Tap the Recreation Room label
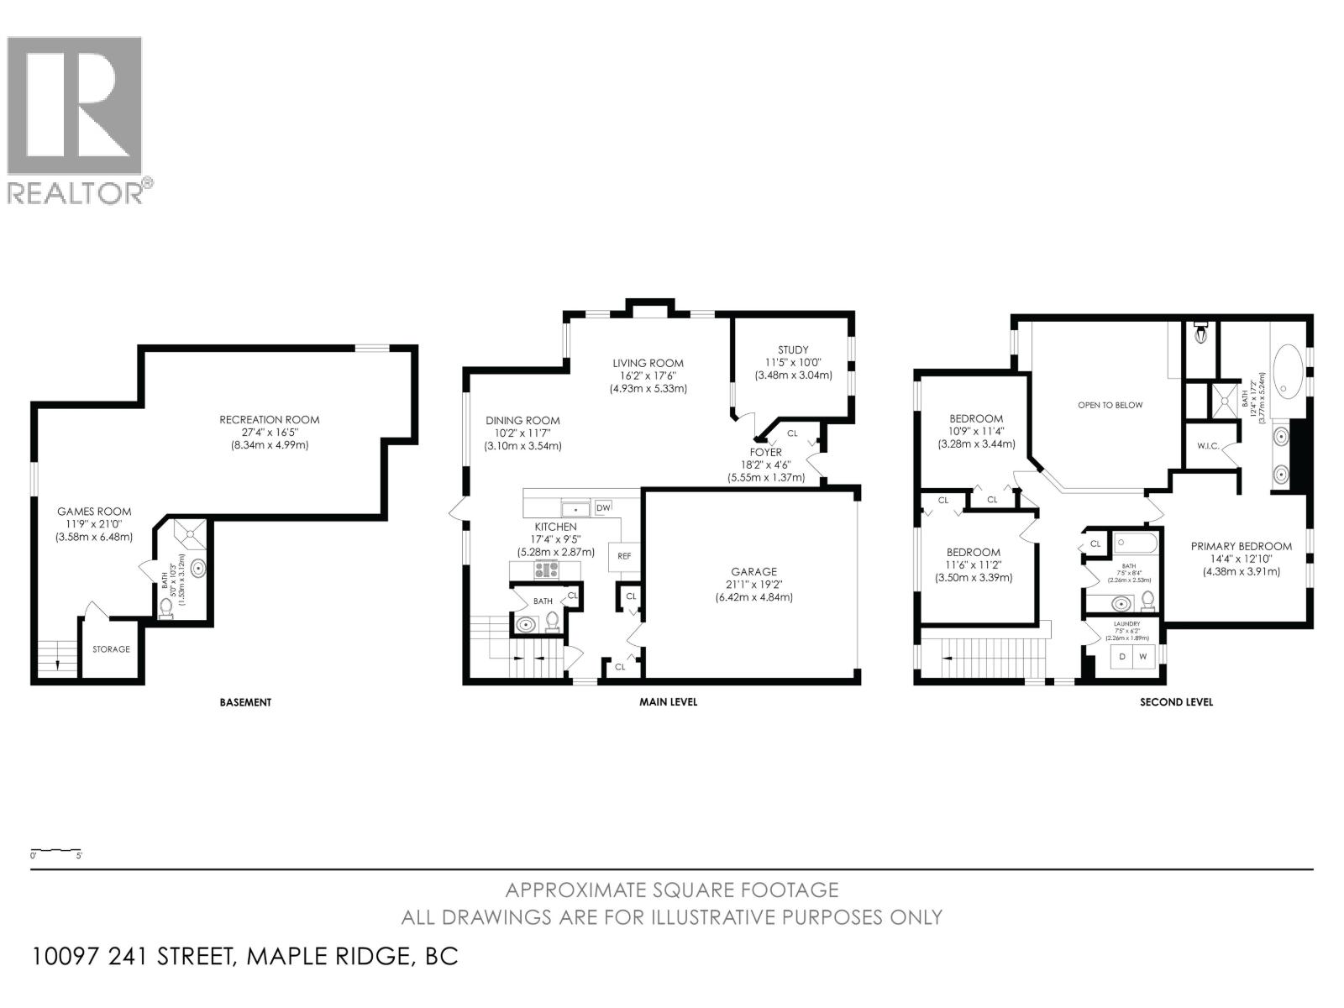pyautogui.click(x=269, y=420)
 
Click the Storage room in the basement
pyautogui.click(x=111, y=648)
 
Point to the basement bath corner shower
pyautogui.click(x=190, y=533)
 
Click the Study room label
pyautogui.click(x=793, y=350)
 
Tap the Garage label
pyautogui.click(x=753, y=572)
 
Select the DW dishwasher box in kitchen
pyautogui.click(x=602, y=508)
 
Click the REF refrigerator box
pyautogui.click(x=623, y=556)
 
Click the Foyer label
pyautogui.click(x=765, y=452)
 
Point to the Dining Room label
pyautogui.click(x=522, y=421)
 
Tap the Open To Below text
pyautogui.click(x=1110, y=405)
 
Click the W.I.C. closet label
pyautogui.click(x=1208, y=446)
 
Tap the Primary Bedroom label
pyautogui.click(x=1241, y=547)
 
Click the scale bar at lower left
pyautogui.click(x=55, y=851)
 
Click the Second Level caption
pyautogui.click(x=1175, y=702)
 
